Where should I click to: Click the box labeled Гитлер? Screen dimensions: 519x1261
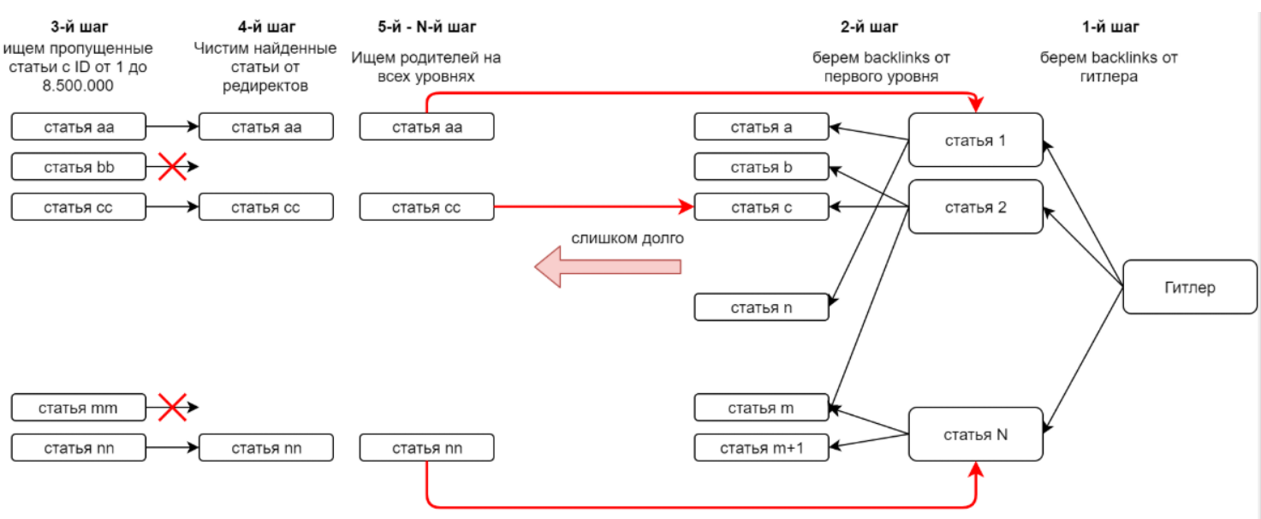[x=1190, y=287]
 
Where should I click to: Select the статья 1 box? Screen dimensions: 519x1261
[x=975, y=140]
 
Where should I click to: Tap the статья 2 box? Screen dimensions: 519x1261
[x=975, y=206]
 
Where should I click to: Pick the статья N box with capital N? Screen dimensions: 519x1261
[x=975, y=434]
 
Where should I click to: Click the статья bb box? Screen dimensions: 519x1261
[x=79, y=167]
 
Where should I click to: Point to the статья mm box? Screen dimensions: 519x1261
[x=79, y=408]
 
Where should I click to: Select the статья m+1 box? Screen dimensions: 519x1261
[x=761, y=447]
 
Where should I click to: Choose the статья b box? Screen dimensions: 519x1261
[x=761, y=167]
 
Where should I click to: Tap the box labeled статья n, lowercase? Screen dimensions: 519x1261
[x=761, y=307]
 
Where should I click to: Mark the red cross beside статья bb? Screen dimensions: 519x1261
[x=172, y=167]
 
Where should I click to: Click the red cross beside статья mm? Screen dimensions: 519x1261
[x=172, y=408]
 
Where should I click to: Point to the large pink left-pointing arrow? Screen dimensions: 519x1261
[x=608, y=267]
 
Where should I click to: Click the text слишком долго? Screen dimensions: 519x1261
[x=628, y=238]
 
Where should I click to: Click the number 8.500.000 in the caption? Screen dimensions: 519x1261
[x=78, y=86]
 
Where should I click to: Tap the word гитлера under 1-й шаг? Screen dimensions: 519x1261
[x=1109, y=76]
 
